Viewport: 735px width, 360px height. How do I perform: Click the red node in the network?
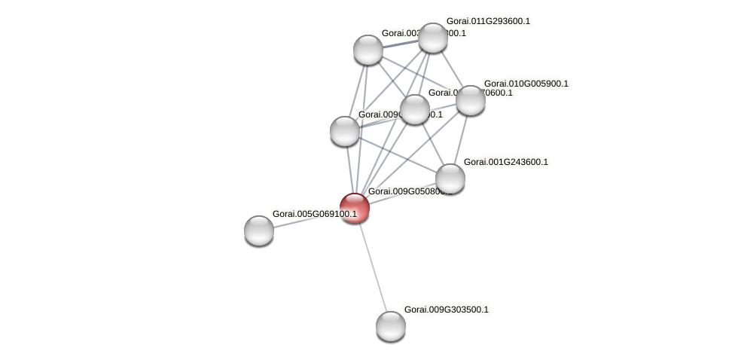pos(354,208)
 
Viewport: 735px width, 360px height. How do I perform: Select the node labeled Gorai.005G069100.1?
pos(259,230)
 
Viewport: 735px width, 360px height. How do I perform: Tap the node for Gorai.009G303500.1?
pos(390,325)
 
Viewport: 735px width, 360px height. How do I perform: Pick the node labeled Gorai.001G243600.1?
pos(450,178)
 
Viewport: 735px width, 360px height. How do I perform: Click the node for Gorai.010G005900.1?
pos(470,100)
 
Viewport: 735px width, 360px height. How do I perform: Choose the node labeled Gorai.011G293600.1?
pos(432,38)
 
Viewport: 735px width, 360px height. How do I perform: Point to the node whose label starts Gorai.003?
pos(368,50)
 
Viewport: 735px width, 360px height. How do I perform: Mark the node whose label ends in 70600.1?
pos(414,109)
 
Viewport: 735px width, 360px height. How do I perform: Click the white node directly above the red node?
pos(345,131)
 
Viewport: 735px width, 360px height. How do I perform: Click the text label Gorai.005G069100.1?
pos(314,214)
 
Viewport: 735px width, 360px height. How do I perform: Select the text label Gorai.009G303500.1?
pos(446,310)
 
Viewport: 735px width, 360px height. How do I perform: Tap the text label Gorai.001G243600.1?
pos(505,162)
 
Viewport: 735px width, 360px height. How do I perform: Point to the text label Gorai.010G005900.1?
pos(526,84)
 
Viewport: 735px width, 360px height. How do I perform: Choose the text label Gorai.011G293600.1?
pos(488,21)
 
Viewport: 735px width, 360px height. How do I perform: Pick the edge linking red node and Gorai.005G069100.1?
pos(307,219)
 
